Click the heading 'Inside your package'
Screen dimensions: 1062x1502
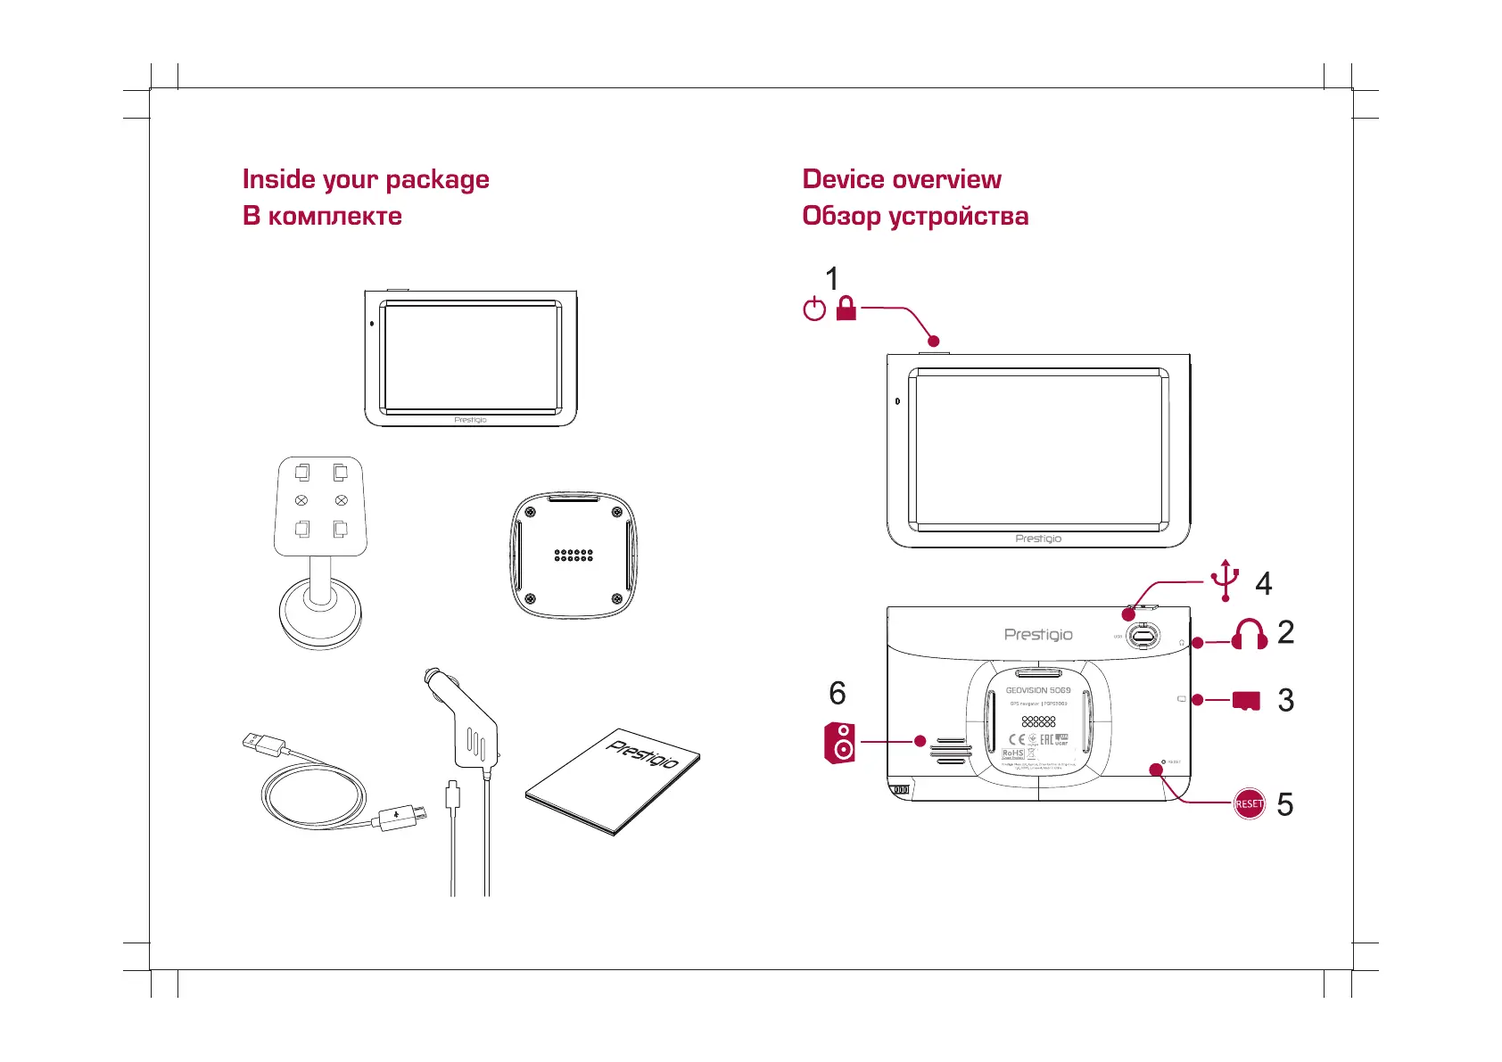(x=366, y=179)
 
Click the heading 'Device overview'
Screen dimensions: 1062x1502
(x=902, y=179)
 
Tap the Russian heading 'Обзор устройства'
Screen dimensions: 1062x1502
(x=915, y=216)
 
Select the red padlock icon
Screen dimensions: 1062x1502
(x=846, y=309)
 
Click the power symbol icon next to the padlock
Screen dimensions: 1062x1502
(x=814, y=309)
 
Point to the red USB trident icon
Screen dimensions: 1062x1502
(x=1226, y=580)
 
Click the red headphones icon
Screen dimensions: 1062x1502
(x=1250, y=634)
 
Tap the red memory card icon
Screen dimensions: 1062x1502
(x=1246, y=701)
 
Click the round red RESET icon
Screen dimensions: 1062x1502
(x=1249, y=803)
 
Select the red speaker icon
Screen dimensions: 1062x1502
(x=840, y=743)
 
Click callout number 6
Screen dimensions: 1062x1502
(x=837, y=693)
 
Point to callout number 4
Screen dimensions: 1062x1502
(x=1263, y=583)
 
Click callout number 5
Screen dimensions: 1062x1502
(x=1284, y=804)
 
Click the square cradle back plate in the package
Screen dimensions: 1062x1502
(x=574, y=555)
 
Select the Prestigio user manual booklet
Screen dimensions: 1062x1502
(x=614, y=781)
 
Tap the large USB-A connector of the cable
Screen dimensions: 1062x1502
(x=263, y=742)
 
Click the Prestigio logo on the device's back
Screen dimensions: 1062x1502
(x=1038, y=635)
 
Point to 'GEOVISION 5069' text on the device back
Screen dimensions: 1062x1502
(x=1038, y=690)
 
